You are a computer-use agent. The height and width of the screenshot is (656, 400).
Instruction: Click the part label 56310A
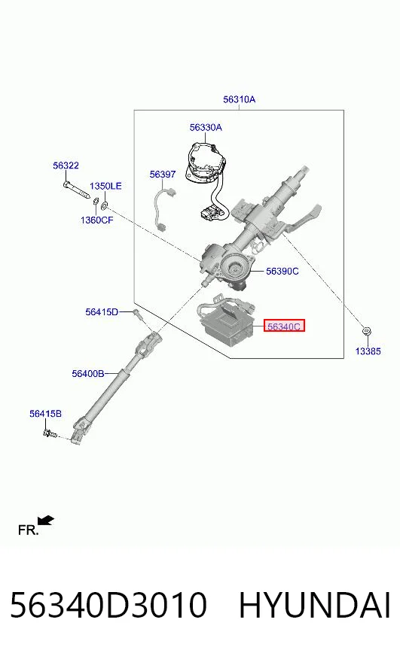(x=239, y=99)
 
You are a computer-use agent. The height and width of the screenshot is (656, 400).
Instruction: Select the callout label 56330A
(x=206, y=127)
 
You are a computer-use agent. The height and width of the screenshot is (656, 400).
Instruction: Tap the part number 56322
(x=66, y=166)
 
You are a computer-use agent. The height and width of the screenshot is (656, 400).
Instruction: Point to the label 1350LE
(x=105, y=186)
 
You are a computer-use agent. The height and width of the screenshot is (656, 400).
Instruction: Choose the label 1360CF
(x=96, y=220)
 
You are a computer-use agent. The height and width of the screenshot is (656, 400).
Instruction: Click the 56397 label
(x=163, y=174)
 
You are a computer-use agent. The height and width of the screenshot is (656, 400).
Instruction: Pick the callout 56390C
(x=282, y=272)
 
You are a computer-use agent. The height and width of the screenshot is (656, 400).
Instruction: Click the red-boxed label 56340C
(x=284, y=326)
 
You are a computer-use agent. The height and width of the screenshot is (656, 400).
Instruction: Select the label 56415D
(x=102, y=311)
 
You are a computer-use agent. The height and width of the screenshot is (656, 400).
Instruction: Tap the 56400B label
(x=88, y=374)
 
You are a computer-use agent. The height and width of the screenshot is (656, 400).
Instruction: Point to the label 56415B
(x=45, y=414)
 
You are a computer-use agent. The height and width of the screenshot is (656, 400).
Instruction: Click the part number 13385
(x=368, y=351)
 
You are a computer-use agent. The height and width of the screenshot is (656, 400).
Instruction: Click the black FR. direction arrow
(x=45, y=521)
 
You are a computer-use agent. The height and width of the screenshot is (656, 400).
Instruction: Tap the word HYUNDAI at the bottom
(x=315, y=605)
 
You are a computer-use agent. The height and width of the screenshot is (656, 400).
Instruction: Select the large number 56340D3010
(x=108, y=605)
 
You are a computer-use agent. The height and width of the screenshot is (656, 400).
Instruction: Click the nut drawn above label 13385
(x=367, y=332)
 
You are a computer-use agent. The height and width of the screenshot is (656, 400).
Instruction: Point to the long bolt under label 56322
(x=77, y=190)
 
